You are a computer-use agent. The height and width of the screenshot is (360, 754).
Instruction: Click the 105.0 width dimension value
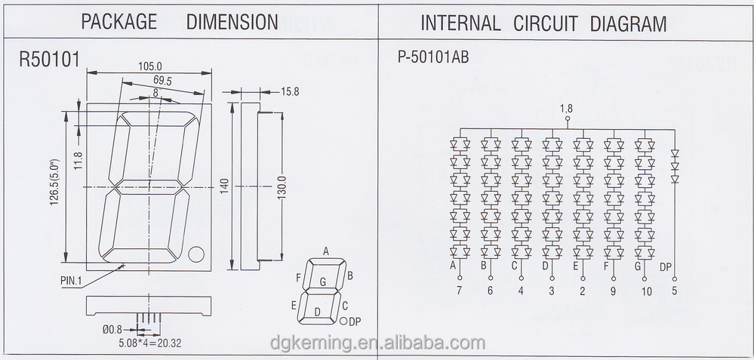click(x=149, y=66)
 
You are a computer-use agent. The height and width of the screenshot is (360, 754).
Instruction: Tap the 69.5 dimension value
click(x=162, y=80)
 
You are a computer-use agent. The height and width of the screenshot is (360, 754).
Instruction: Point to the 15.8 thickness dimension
click(x=289, y=91)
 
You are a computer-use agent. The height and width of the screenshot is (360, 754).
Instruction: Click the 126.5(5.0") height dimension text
click(x=54, y=183)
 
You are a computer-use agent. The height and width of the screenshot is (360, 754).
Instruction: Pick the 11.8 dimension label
click(x=78, y=161)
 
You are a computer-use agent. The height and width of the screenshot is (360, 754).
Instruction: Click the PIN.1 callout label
click(x=72, y=281)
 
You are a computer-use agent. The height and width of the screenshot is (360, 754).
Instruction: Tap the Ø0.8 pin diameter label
click(x=112, y=330)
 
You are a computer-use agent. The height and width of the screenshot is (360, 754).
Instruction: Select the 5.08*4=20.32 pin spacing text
click(x=150, y=343)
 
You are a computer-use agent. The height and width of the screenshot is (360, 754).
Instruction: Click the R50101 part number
click(x=50, y=60)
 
